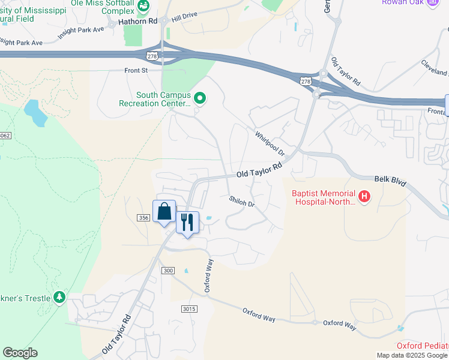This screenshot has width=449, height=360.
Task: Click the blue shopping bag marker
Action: click(x=164, y=212)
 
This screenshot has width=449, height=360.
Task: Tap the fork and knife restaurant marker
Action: click(x=187, y=223)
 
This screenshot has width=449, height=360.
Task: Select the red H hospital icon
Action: click(x=364, y=197)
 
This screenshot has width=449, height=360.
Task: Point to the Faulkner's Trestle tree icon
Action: click(x=59, y=297)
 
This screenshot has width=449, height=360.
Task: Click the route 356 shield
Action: click(x=143, y=217)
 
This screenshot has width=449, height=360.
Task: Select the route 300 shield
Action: click(x=168, y=271)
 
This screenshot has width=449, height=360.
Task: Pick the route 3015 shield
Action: click(x=189, y=308)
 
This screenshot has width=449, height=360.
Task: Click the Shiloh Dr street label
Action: click(x=242, y=200)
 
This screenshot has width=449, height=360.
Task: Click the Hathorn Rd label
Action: click(x=137, y=21)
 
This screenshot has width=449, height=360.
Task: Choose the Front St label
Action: click(x=136, y=70)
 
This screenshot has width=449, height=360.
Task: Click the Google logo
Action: click(x=20, y=353)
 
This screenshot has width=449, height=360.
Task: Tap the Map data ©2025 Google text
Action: click(x=412, y=355)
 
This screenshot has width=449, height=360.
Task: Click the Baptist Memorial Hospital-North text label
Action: click(x=324, y=197)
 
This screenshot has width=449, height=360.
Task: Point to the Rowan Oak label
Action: click(x=402, y=2)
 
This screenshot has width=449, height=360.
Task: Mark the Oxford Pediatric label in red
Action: click(x=423, y=346)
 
